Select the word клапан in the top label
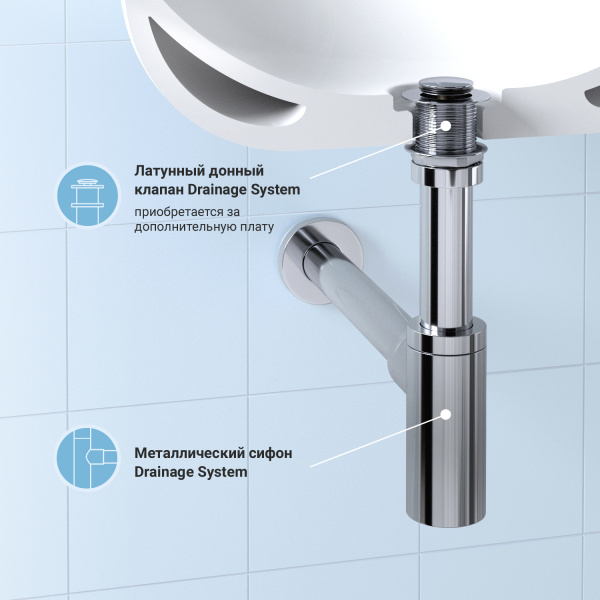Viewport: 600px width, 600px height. click(x=159, y=189)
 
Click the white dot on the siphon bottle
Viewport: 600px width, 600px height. click(x=446, y=412)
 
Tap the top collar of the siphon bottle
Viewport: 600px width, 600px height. click(x=446, y=334)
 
